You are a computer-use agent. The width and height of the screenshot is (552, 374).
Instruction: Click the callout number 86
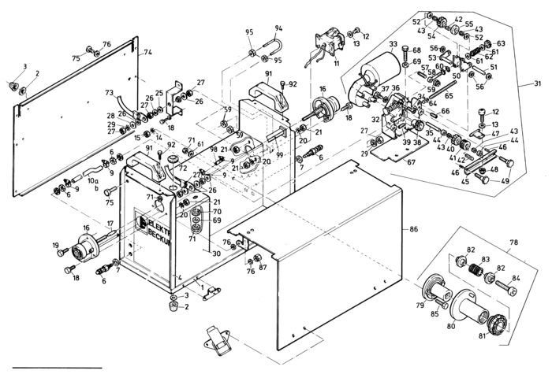412,229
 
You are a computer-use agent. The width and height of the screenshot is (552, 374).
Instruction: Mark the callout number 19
56,254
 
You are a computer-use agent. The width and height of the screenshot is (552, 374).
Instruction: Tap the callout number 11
336,61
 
